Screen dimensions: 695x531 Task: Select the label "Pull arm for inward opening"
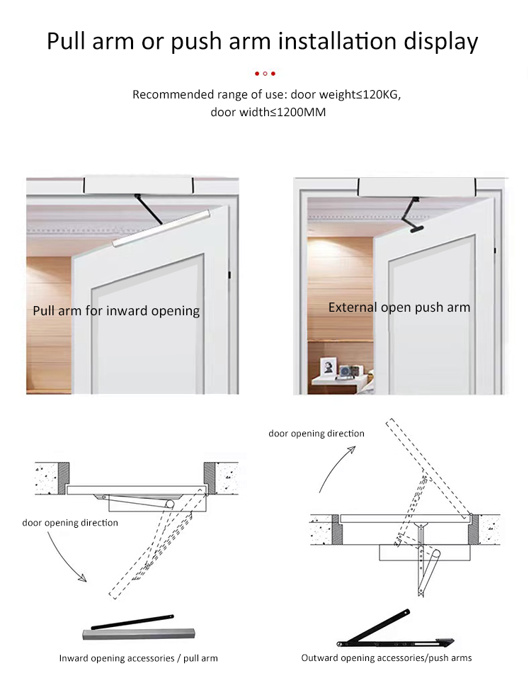116,311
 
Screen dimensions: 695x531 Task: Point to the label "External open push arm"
399,307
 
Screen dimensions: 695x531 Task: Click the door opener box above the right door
417,187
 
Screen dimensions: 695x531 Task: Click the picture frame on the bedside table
329,368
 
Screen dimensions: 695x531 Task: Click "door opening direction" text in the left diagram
70,523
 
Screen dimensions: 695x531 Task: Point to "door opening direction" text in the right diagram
316,434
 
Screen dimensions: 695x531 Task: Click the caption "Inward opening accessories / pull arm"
138,658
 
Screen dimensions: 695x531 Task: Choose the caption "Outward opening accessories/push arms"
387,658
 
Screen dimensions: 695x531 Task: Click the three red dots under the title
265,73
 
